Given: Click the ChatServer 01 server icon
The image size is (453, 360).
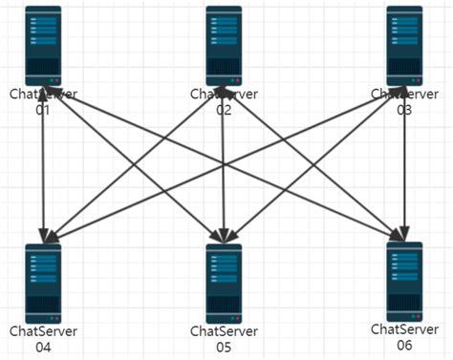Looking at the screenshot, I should click(x=43, y=45).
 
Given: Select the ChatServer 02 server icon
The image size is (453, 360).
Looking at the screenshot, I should click(x=223, y=45).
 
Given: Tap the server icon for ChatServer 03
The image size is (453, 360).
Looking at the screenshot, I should click(x=404, y=45).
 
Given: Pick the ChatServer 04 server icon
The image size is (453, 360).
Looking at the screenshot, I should click(x=43, y=282).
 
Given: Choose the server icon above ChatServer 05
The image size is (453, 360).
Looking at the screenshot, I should click(x=223, y=282).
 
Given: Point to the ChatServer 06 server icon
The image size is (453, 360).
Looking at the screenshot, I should click(x=404, y=281).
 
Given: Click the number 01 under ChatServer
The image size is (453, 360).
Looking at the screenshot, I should click(x=43, y=111).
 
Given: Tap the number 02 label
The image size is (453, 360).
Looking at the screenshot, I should click(x=224, y=111).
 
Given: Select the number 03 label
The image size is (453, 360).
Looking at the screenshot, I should click(x=404, y=111).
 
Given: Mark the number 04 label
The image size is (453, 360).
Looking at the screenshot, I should click(x=43, y=348).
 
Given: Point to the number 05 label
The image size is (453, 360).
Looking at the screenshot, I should click(x=224, y=348).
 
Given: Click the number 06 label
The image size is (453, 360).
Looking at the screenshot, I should click(x=404, y=345).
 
